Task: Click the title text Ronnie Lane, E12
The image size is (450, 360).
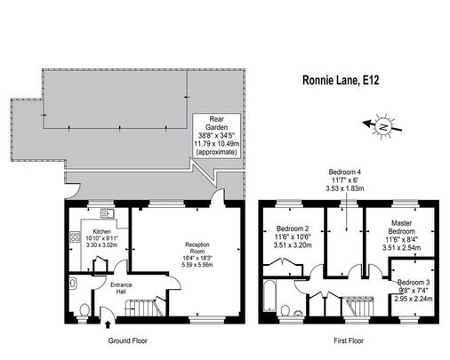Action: point(342,82)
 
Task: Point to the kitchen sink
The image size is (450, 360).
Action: point(106,213)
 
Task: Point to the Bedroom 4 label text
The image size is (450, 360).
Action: point(344,180)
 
